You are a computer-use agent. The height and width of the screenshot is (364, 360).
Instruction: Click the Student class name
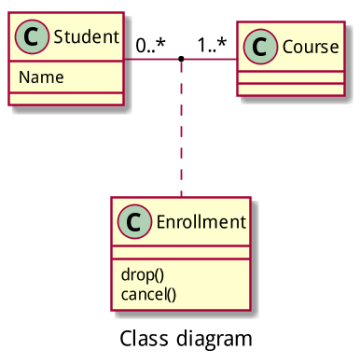tap(86, 38)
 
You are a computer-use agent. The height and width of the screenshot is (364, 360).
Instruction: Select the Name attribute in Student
tap(41, 77)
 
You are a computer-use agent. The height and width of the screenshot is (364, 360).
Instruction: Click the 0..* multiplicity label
tap(150, 45)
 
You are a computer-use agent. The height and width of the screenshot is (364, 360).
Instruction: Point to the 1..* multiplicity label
tap(212, 45)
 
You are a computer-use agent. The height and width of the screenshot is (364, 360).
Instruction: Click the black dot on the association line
tap(181, 61)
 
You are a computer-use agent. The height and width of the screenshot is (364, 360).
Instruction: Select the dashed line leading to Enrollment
tap(181, 131)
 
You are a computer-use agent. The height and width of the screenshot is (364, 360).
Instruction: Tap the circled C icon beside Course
tap(260, 47)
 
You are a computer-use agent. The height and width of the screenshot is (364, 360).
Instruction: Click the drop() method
tap(143, 274)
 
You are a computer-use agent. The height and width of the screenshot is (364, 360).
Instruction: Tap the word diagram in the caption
tap(216, 337)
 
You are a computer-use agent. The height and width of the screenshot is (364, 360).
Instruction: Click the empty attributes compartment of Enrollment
tap(181, 252)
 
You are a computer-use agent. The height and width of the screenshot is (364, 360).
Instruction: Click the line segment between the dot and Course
tap(210, 61)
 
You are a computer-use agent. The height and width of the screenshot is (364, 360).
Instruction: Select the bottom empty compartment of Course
tap(293, 89)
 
